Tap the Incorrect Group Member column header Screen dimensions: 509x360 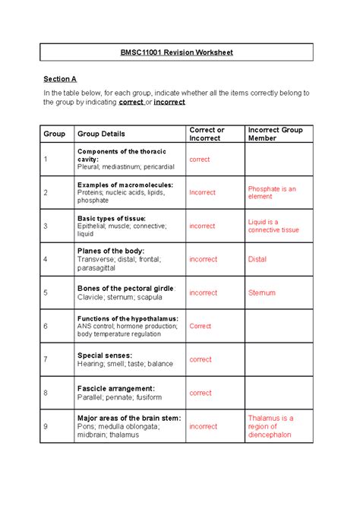(x=275, y=134)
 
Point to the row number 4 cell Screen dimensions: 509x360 (x=46, y=259)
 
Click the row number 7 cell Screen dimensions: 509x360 (x=46, y=359)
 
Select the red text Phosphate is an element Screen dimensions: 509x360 (x=272, y=192)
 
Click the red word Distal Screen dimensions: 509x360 (x=257, y=259)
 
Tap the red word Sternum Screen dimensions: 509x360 (x=261, y=292)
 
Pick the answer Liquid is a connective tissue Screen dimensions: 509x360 (x=273, y=226)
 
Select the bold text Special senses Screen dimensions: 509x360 (x=105, y=355)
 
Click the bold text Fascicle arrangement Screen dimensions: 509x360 (x=115, y=388)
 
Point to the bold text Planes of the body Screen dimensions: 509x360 (x=111, y=250)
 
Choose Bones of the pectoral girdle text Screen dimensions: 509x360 (x=126, y=289)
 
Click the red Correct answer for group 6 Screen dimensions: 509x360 (x=201, y=326)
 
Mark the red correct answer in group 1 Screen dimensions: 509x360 (x=201, y=160)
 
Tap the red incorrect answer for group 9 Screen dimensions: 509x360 (x=203, y=426)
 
